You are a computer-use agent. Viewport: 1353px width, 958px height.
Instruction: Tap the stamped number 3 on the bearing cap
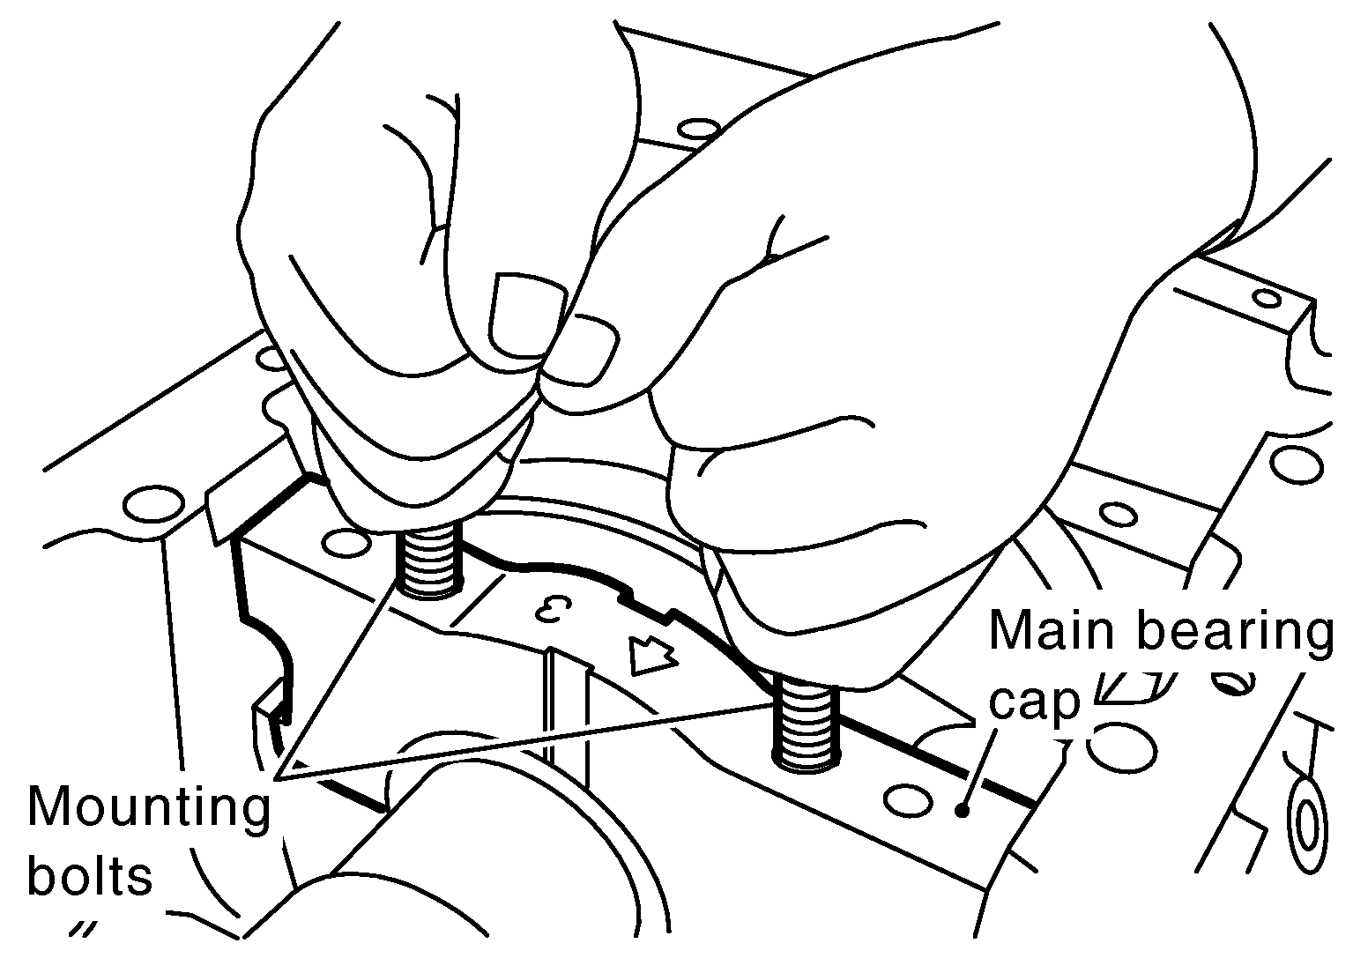pos(554,611)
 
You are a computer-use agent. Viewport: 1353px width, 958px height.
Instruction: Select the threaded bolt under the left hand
pos(429,560)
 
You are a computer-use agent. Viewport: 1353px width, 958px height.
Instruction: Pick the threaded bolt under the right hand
pos(807,723)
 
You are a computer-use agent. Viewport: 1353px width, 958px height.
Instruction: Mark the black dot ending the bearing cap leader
pos(963,811)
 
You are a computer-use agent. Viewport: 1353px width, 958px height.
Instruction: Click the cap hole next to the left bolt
pos(346,542)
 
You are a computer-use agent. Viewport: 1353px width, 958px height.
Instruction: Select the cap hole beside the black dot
pos(908,799)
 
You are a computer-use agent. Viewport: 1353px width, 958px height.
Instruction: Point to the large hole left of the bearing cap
pos(153,504)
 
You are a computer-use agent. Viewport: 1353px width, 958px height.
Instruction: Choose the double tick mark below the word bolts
pos(82,930)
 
